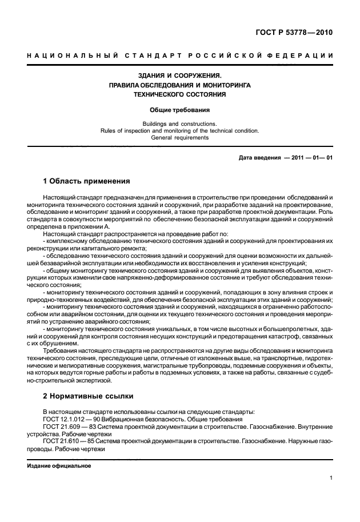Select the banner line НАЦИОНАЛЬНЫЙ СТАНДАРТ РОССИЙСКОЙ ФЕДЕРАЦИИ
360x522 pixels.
click(x=180, y=55)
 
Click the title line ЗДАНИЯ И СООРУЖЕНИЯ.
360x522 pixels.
click(x=180, y=75)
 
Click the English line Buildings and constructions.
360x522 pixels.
click(x=180, y=123)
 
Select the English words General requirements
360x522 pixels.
click(x=180, y=137)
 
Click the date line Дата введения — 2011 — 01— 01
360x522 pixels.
click(x=285, y=157)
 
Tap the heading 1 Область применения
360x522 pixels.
click(x=87, y=181)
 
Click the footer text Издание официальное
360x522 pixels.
click(x=59, y=465)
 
